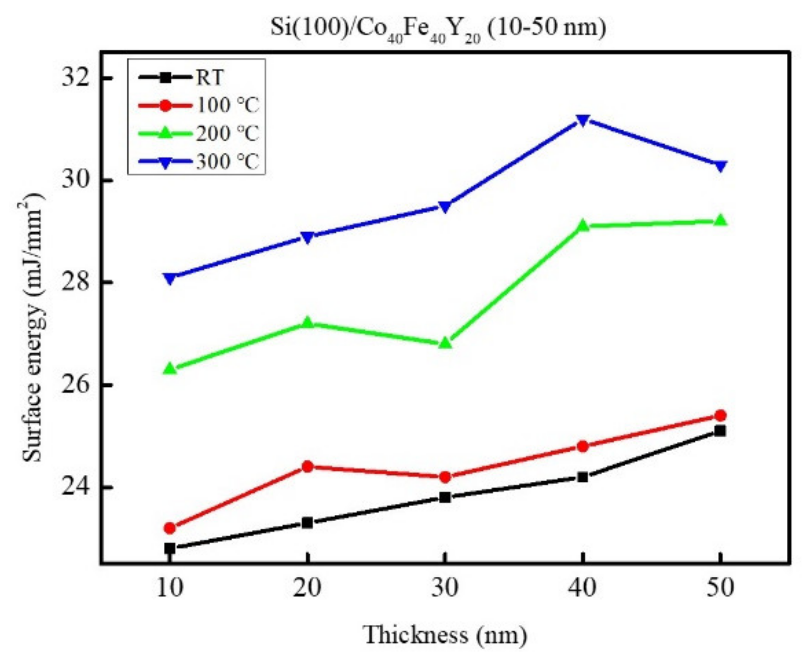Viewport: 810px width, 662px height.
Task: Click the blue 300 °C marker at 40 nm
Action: [x=583, y=120]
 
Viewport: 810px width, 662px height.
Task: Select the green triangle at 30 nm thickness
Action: [x=445, y=343]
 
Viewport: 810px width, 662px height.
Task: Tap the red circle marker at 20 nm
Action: [x=307, y=466]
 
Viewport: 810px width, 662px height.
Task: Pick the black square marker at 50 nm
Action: [x=720, y=431]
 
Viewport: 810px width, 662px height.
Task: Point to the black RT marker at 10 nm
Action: [x=170, y=548]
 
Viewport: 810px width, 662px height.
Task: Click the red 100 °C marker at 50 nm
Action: [x=720, y=415]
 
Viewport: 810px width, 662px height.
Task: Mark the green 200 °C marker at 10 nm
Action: [x=170, y=369]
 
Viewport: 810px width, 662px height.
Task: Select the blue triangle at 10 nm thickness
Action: [x=170, y=278]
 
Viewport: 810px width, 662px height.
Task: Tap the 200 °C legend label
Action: [x=227, y=133]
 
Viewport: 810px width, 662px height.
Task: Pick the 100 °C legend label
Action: [x=227, y=105]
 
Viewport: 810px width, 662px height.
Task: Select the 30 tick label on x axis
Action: [x=445, y=588]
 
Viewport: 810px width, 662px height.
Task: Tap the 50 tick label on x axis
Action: [x=720, y=588]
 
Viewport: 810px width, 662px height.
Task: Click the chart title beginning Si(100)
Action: [x=438, y=29]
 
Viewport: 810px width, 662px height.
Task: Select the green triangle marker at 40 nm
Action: [x=583, y=225]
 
